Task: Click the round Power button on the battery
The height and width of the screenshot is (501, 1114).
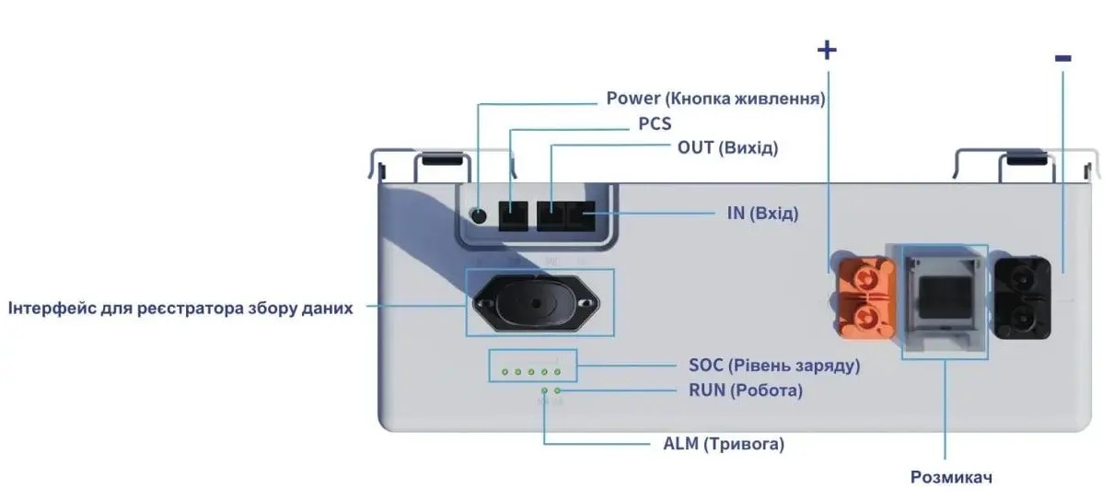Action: pos(478,216)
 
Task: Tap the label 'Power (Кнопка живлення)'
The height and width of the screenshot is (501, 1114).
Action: pos(714,98)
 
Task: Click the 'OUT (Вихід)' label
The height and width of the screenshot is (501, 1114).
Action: pos(727,147)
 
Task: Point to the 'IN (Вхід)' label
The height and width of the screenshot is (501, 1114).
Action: pos(761,214)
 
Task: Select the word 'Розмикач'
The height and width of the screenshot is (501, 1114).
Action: pos(951,477)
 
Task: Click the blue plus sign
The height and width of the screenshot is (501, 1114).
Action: pos(827,50)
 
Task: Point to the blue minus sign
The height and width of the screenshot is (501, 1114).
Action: pos(1062,58)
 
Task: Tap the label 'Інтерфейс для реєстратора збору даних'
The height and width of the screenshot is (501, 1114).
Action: pos(180,308)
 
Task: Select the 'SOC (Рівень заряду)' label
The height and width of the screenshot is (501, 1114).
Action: pos(774,366)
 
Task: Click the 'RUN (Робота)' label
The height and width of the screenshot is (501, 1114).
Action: pos(746,390)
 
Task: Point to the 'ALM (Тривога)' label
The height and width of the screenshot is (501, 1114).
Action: pos(724,444)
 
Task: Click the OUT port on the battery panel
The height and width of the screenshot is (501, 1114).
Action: pos(551,217)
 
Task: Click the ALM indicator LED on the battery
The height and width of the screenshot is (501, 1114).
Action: pos(544,391)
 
